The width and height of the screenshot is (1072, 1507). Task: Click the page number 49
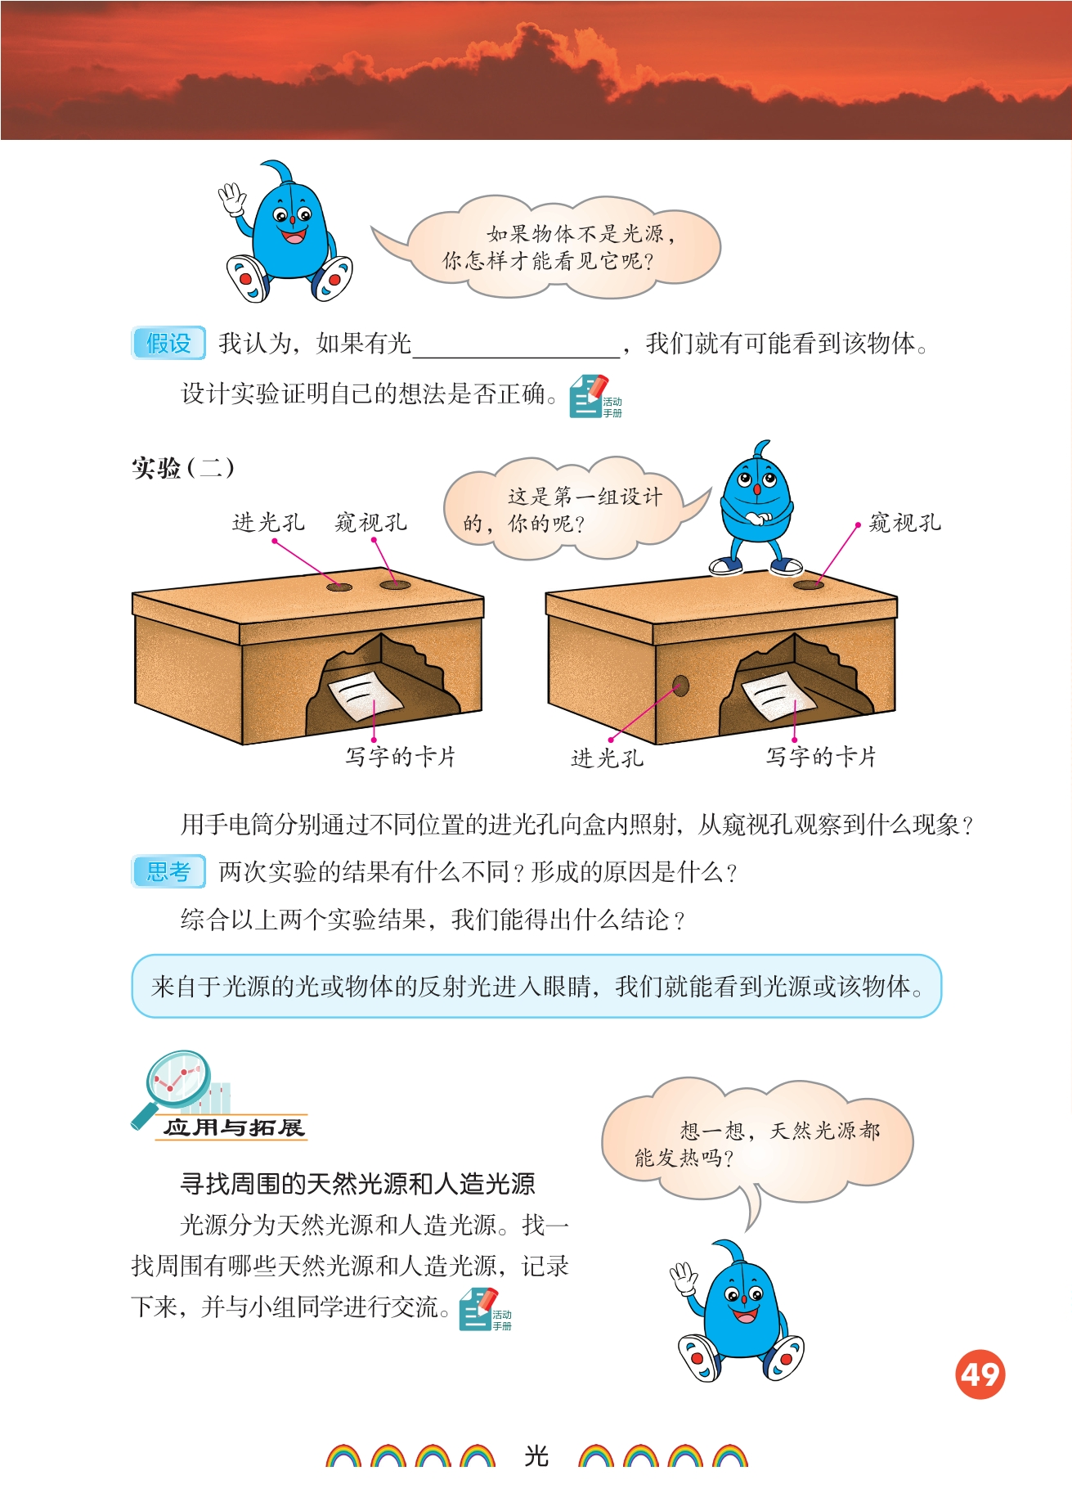tap(980, 1374)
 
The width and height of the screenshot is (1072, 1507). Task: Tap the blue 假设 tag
tap(168, 343)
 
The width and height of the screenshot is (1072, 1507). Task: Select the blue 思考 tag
tap(168, 871)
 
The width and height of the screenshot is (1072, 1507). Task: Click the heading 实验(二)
tap(183, 468)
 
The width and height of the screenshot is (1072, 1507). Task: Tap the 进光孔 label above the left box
tap(268, 523)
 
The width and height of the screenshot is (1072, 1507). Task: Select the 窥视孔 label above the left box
tap(371, 523)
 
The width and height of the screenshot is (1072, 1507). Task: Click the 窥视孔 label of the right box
tap(905, 523)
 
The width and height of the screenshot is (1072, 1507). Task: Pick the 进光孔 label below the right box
tap(607, 758)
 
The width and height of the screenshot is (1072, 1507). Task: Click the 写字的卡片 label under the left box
tap(400, 757)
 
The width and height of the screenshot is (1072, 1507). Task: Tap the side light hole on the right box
tap(680, 686)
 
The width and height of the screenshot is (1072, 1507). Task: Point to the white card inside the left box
tap(366, 695)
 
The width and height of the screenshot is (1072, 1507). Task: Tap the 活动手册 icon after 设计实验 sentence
tap(594, 397)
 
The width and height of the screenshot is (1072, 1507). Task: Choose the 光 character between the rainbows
tap(536, 1456)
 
